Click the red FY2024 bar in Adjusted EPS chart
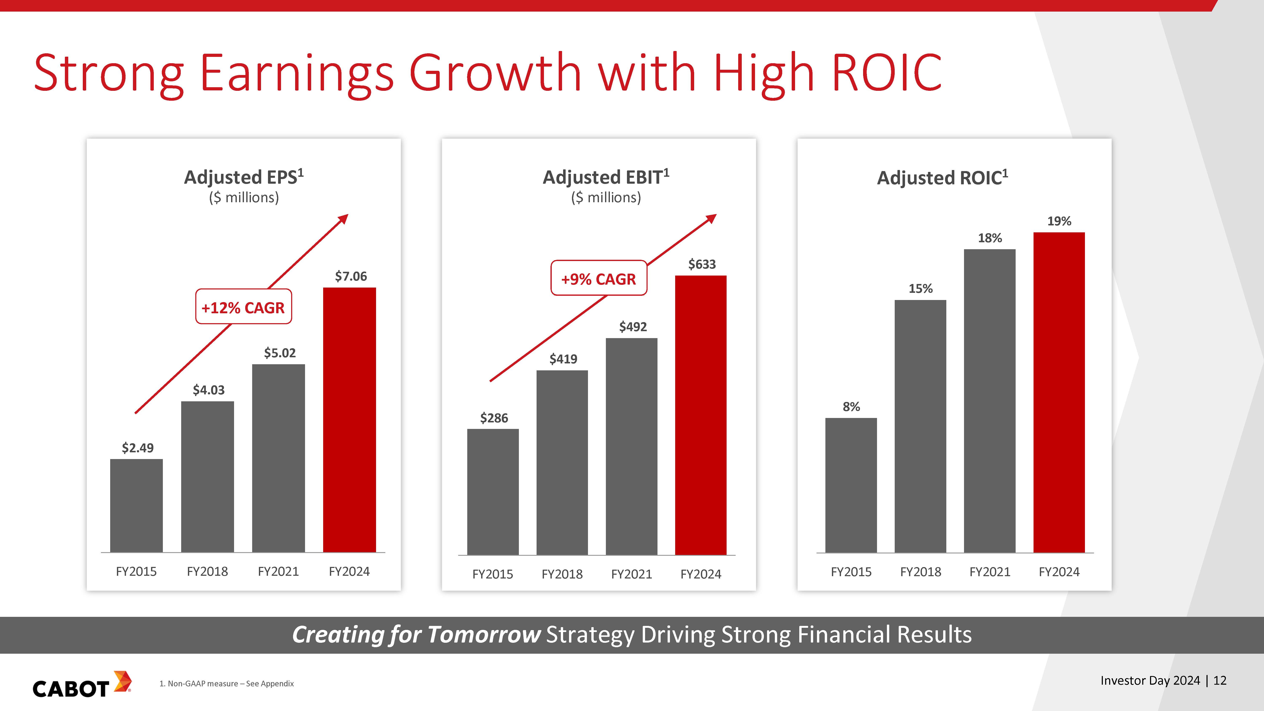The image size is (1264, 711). tap(349, 419)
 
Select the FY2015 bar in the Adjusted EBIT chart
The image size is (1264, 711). tap(493, 492)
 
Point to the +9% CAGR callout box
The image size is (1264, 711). tap(599, 278)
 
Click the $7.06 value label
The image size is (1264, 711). tap(351, 276)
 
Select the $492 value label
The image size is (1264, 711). tap(633, 327)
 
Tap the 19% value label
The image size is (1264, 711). tap(1059, 221)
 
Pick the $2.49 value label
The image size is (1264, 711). tap(137, 448)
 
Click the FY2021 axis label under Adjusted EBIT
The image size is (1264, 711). tap(632, 574)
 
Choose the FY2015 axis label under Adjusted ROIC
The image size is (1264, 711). tap(851, 572)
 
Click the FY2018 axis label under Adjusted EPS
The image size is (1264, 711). tap(207, 571)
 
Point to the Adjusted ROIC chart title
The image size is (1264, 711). tap(942, 178)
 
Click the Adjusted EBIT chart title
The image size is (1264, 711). tap(605, 177)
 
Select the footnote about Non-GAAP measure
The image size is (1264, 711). tap(227, 684)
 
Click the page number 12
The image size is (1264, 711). tap(1220, 681)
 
